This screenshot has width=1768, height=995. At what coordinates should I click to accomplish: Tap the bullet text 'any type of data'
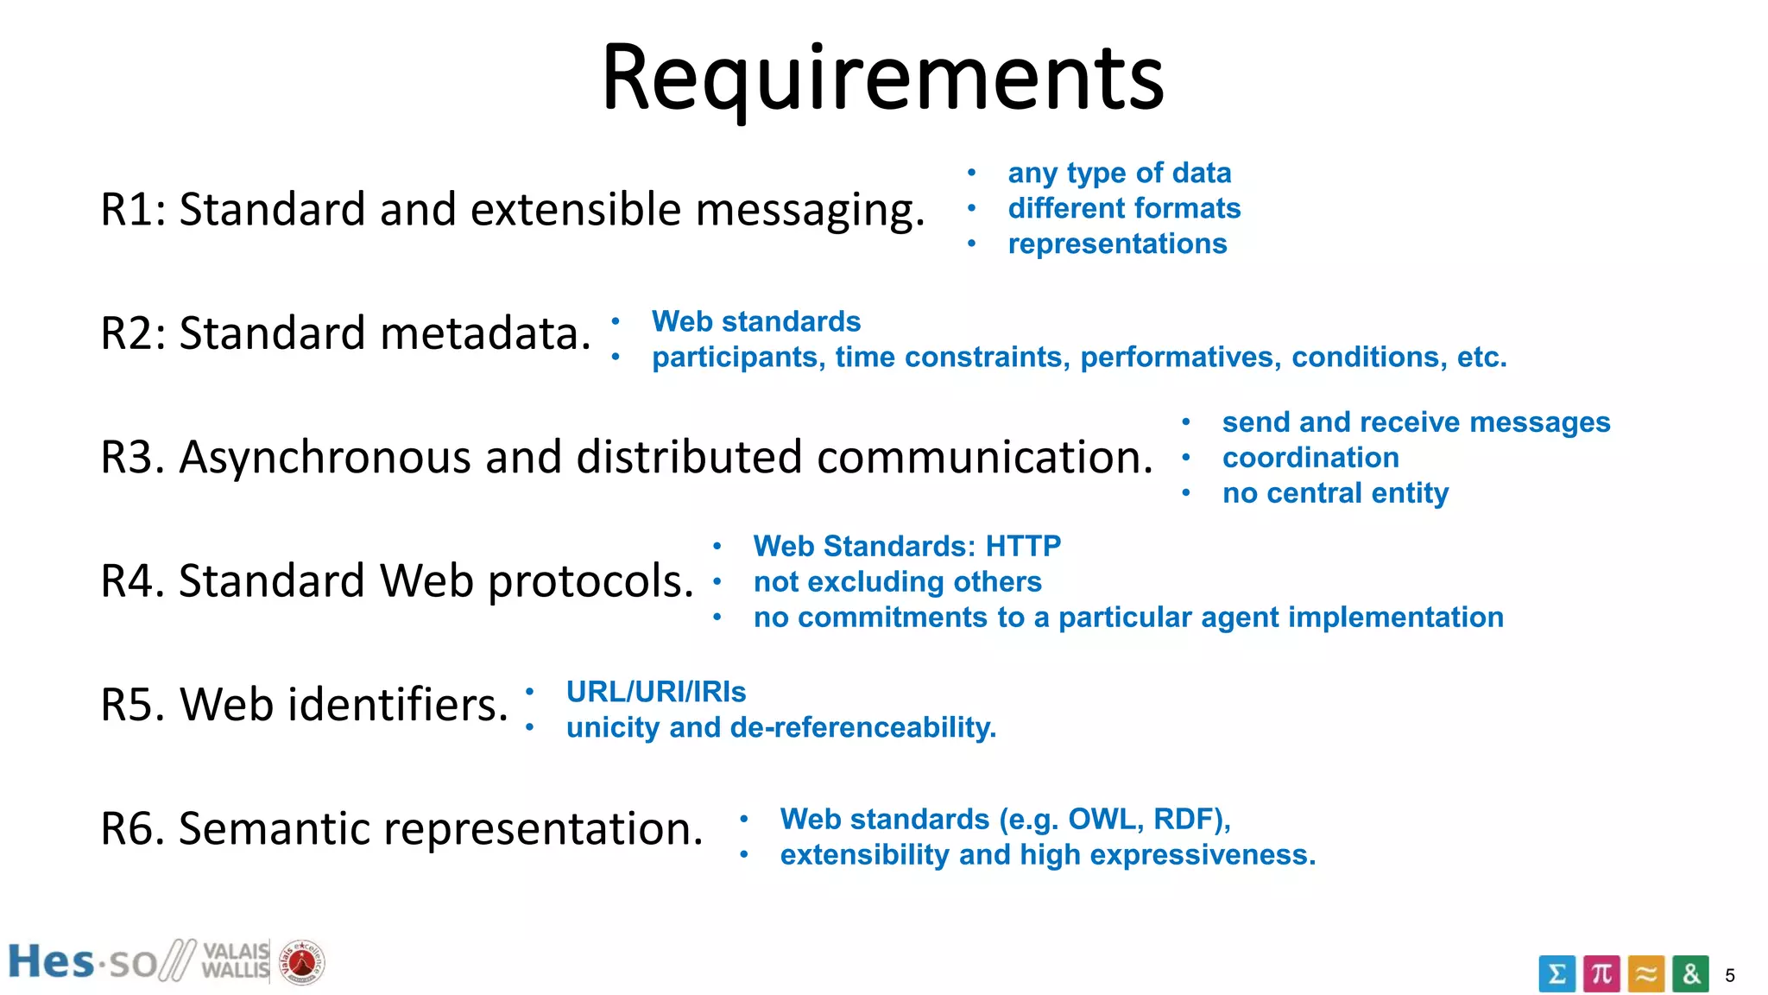(1119, 173)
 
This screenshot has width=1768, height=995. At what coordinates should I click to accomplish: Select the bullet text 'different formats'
(1124, 208)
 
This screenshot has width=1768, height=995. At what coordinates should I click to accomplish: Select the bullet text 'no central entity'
(1335, 493)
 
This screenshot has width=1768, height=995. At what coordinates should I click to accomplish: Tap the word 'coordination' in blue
(1310, 458)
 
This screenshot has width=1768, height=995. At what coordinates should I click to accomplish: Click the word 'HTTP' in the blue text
(1023, 546)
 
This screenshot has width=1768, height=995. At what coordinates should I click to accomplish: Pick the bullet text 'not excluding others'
(897, 582)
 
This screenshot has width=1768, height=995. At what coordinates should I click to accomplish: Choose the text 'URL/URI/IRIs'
(656, 692)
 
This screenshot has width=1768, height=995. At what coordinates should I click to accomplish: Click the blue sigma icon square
(1556, 974)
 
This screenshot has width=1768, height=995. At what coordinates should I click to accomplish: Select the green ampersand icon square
(1690, 974)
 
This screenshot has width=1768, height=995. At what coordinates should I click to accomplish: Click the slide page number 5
(1729, 976)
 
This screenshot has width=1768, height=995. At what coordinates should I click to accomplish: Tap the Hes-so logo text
(82, 962)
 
